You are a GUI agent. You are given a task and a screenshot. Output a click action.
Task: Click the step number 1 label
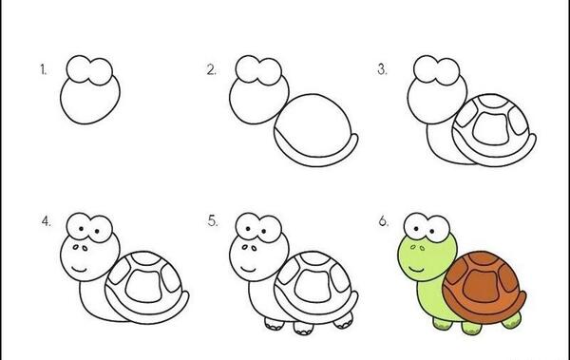(x=44, y=69)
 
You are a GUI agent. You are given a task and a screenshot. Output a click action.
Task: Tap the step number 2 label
(x=211, y=69)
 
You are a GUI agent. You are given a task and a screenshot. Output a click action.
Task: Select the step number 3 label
(x=382, y=68)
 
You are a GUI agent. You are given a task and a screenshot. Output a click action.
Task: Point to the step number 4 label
(x=46, y=221)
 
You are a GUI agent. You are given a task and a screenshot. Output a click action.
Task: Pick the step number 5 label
(x=213, y=220)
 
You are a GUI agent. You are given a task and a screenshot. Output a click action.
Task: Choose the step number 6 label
(x=383, y=220)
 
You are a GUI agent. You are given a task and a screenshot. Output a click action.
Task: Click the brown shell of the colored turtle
(x=484, y=287)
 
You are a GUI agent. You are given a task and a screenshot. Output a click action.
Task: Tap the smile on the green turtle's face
(x=416, y=270)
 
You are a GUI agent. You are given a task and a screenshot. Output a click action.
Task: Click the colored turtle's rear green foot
(x=512, y=320)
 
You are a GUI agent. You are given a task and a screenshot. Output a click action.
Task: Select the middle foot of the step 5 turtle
(x=304, y=329)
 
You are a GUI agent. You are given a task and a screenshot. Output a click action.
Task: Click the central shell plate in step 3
(x=491, y=128)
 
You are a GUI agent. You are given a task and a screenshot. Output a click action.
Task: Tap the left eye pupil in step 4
(x=81, y=229)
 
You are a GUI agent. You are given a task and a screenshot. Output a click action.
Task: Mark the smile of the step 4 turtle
(x=79, y=270)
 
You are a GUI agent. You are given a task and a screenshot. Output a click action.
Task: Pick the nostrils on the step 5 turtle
(x=249, y=248)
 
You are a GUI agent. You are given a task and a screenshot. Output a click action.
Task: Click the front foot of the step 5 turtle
(x=275, y=324)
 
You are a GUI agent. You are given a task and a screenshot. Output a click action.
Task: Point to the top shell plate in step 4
(x=145, y=258)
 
